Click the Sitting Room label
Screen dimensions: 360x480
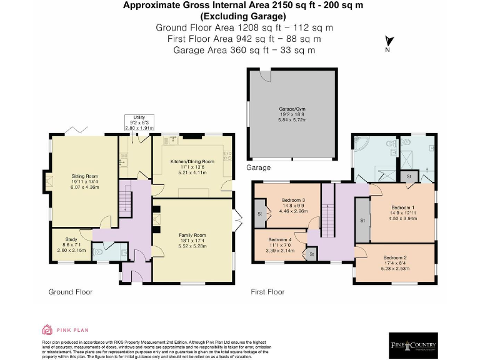click(84, 177)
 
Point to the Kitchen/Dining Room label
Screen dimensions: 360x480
click(192, 161)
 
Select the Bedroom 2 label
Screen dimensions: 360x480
click(394, 257)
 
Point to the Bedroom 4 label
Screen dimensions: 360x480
click(279, 239)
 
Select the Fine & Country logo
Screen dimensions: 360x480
click(414, 344)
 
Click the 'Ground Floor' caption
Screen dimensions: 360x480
click(71, 292)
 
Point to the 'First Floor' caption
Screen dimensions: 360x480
click(267, 292)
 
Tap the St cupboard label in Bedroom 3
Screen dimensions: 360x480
click(259, 213)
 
